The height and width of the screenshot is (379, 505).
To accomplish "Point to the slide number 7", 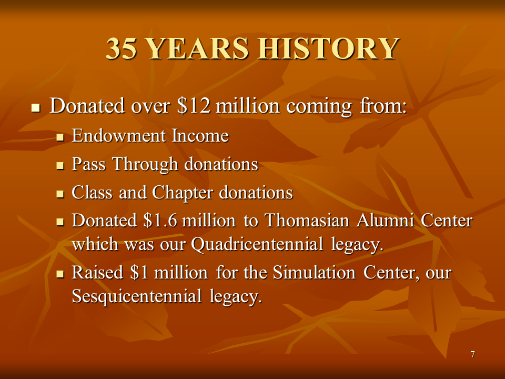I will pyautogui.click(x=472, y=354).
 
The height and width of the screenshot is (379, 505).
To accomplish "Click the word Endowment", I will pyautogui.click(x=119, y=136).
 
